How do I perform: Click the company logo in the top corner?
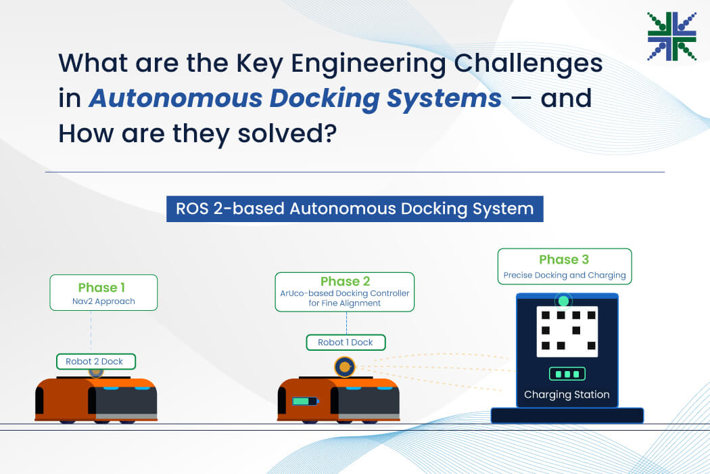(671, 37)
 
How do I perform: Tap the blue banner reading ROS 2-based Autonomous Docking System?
(354, 209)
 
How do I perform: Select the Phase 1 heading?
(101, 288)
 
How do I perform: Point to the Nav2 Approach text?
(103, 301)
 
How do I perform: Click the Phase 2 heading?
(345, 281)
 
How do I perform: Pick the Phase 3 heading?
(564, 259)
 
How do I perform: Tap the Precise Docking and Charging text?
(565, 275)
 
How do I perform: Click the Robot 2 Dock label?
(95, 362)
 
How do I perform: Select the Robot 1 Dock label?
(346, 343)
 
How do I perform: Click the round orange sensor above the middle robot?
(345, 366)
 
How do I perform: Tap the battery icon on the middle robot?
(305, 401)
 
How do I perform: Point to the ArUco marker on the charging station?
(567, 332)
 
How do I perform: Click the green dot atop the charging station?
(563, 301)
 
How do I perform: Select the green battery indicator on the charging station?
(567, 374)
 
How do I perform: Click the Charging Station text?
(567, 395)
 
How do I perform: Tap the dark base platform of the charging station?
(567, 415)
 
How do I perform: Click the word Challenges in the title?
(528, 64)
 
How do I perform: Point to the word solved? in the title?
(287, 134)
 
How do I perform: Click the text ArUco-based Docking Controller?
(345, 293)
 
